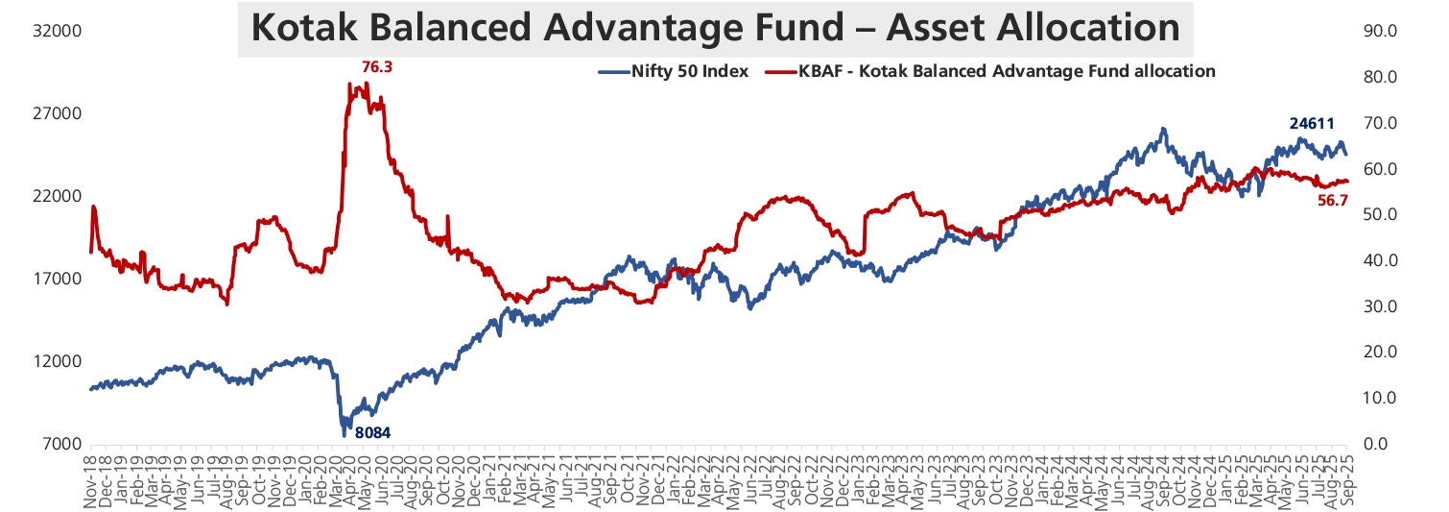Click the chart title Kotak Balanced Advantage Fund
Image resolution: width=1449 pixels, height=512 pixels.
coord(715,28)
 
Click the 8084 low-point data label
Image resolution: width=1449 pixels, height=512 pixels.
coord(373,432)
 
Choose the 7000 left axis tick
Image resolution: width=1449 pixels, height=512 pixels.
coord(57,444)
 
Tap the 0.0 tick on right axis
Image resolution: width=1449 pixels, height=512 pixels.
coord(1383,444)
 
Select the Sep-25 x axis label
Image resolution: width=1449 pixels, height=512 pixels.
coord(1346,476)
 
